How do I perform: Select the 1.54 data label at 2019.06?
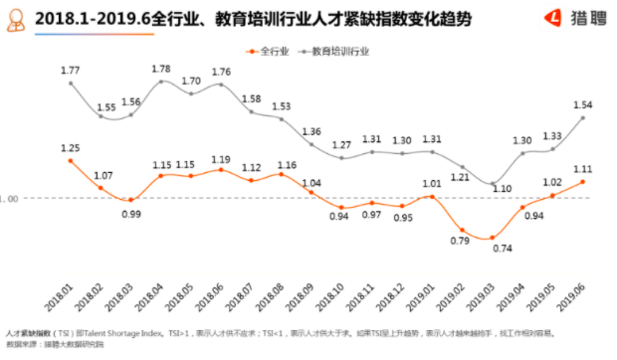coord(583,105)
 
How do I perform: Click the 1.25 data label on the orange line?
coord(70,148)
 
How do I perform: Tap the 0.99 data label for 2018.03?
coord(130,213)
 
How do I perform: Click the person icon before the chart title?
coord(17,19)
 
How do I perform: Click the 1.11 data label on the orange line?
coord(583,170)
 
